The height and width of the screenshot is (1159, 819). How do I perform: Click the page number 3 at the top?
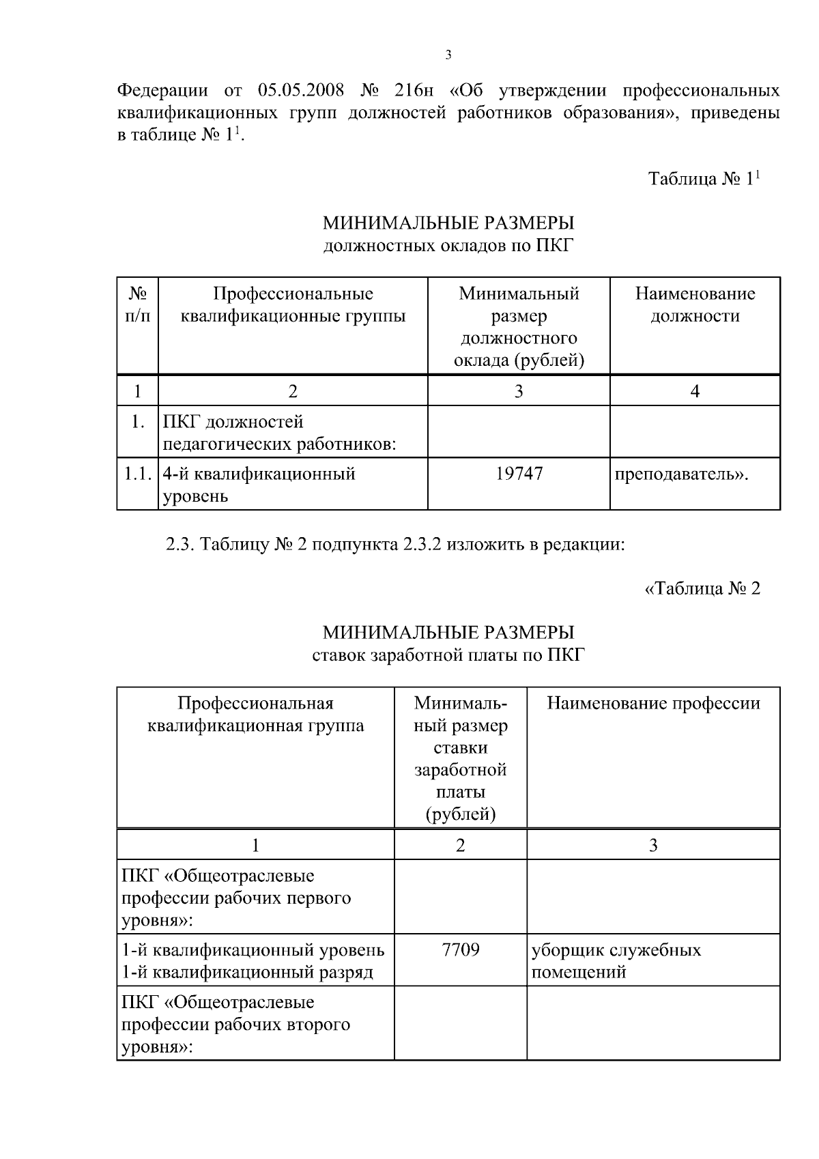tap(448, 55)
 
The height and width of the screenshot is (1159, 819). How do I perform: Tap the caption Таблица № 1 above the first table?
tap(704, 179)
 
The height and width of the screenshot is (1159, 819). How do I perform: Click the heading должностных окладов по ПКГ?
tap(448, 245)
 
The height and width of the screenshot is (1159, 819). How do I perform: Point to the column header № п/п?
tap(137, 304)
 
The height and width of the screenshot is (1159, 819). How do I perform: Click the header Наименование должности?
tap(695, 304)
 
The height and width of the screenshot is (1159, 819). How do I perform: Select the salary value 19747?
tap(519, 474)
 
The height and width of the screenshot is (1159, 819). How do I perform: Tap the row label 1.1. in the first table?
tap(137, 474)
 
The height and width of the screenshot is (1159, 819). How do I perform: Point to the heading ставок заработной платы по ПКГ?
tap(448, 655)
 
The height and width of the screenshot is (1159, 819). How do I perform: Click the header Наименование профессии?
tap(653, 703)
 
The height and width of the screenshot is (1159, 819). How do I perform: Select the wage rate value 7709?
tap(460, 949)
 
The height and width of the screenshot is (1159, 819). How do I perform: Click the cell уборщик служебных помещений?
tap(616, 960)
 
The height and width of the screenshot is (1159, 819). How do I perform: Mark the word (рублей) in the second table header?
tap(460, 814)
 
